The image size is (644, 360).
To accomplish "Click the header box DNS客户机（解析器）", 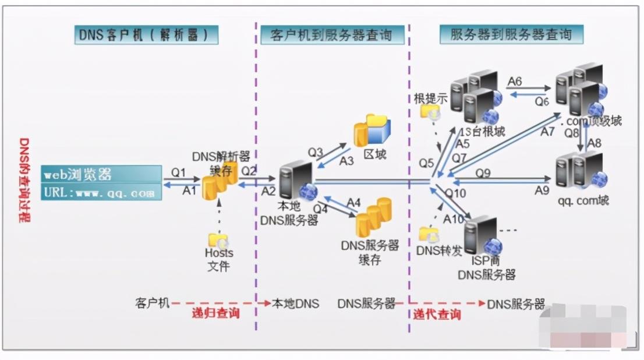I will pyautogui.click(x=147, y=35).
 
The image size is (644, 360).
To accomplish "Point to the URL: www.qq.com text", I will pyautogui.click(x=101, y=192).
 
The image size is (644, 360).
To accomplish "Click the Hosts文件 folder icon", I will pyautogui.click(x=218, y=240).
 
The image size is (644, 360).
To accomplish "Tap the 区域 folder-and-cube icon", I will pyautogui.click(x=373, y=130).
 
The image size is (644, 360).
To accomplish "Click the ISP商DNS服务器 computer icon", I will pyautogui.click(x=483, y=235).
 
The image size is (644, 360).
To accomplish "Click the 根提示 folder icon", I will pyautogui.click(x=431, y=112).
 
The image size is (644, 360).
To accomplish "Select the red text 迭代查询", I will pyautogui.click(x=437, y=315).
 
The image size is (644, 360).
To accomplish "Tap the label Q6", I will pyautogui.click(x=542, y=101).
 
